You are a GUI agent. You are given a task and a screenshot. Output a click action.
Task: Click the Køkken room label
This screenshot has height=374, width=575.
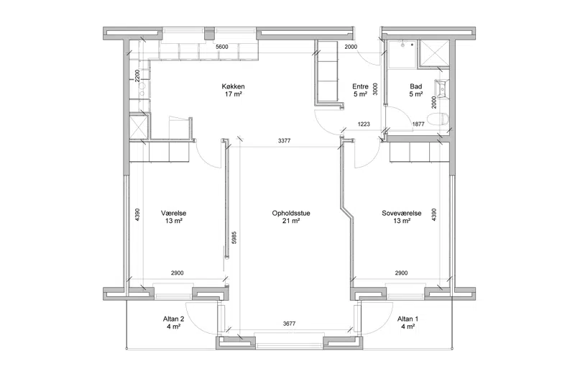coord(233,86)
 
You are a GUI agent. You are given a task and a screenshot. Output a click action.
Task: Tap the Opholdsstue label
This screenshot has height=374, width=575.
coord(291,213)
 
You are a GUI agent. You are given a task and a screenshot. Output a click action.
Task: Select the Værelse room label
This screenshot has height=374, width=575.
coord(174,213)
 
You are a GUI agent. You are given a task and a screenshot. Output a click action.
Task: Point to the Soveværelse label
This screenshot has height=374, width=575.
coord(402,213)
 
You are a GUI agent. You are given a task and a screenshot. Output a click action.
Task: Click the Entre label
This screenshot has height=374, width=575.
coord(360,86)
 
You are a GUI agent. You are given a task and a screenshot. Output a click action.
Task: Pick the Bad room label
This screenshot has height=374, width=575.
coord(416,86)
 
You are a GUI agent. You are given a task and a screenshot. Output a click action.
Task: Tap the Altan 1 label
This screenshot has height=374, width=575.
coord(408,319)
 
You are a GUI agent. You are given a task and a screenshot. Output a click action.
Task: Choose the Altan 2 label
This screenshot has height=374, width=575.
coord(173,319)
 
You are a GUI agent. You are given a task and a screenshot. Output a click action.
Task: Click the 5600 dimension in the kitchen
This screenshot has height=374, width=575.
coord(222,47)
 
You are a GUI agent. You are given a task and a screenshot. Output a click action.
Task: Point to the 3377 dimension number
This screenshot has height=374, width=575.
coord(284,140)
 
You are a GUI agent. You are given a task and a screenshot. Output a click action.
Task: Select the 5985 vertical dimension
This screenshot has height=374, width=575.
coord(234,237)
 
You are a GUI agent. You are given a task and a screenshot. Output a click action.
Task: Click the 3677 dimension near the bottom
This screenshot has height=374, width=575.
coord(290,324)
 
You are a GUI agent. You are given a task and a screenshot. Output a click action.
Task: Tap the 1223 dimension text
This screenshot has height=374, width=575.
coord(364,124)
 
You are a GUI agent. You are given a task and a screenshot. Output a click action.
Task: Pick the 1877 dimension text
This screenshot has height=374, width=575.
coord(418,124)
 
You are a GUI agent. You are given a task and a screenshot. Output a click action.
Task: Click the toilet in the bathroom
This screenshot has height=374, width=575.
coord(441,119)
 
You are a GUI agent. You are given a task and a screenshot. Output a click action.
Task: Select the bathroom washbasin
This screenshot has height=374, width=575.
coord(441,87)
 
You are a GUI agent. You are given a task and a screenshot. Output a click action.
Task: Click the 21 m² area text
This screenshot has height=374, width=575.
coord(291,221)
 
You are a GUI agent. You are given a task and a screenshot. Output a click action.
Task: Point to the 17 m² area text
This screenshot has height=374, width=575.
coord(233,94)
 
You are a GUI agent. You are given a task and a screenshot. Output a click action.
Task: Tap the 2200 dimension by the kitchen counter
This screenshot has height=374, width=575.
coord(137,76)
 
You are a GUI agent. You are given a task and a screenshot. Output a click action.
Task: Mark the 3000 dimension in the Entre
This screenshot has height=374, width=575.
coord(375,88)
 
